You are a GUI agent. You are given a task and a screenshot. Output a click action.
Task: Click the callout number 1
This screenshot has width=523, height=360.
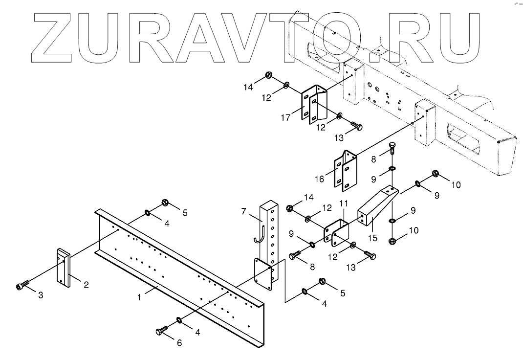tap(139, 297)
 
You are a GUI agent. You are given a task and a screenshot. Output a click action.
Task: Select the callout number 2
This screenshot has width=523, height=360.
tap(86, 285)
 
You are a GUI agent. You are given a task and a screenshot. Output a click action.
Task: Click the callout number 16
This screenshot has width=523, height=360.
tap(320, 180)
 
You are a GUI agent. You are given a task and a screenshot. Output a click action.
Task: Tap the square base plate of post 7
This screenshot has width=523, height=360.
tap(263, 275)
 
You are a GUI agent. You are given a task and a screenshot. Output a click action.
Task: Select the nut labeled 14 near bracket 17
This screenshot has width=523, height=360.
tap(268, 75)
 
